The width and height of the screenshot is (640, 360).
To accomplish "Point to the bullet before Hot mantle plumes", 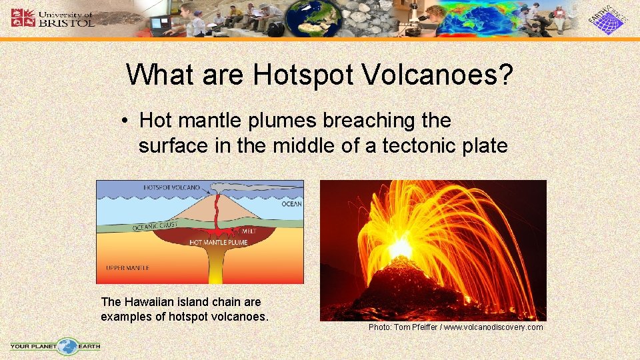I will (125, 121).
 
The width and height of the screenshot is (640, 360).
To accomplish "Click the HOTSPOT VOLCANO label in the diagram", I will (171, 188).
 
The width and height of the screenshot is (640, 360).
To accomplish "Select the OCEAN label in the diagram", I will (291, 204).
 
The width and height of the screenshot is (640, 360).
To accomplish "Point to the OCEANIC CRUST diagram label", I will (155, 227).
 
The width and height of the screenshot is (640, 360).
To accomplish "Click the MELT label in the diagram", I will (248, 231).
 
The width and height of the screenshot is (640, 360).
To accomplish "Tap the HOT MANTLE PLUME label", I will (218, 243).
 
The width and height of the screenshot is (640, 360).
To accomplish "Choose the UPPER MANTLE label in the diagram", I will (127, 268).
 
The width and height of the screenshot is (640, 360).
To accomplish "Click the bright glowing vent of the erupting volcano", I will (400, 248).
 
